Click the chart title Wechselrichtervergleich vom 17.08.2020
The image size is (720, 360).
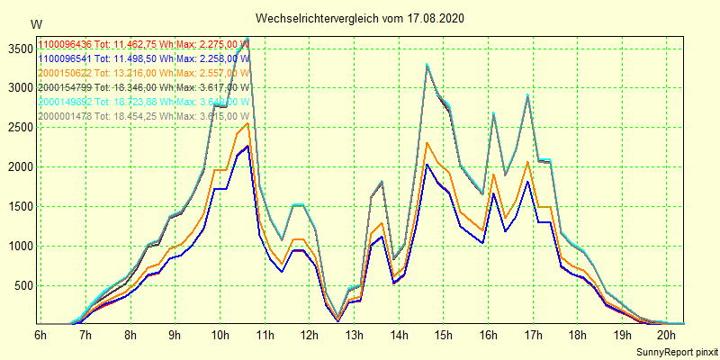tap(360, 18)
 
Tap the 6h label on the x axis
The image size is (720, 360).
tap(40, 336)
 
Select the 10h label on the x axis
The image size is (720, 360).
tap(219, 336)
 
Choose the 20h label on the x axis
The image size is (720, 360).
tap(666, 336)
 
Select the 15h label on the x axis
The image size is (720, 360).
tap(443, 336)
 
